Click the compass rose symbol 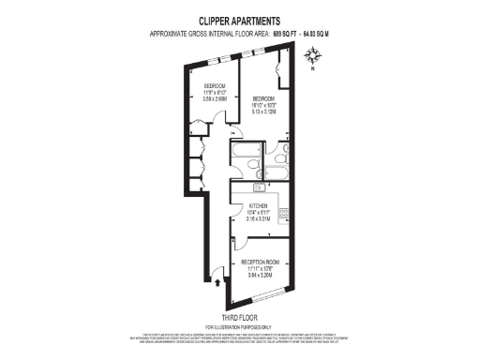312,56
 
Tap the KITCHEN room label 259,205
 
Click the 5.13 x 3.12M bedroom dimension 264,112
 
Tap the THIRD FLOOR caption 239,317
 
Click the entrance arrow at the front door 218,277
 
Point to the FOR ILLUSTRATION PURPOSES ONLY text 239,325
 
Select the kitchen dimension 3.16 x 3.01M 259,218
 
